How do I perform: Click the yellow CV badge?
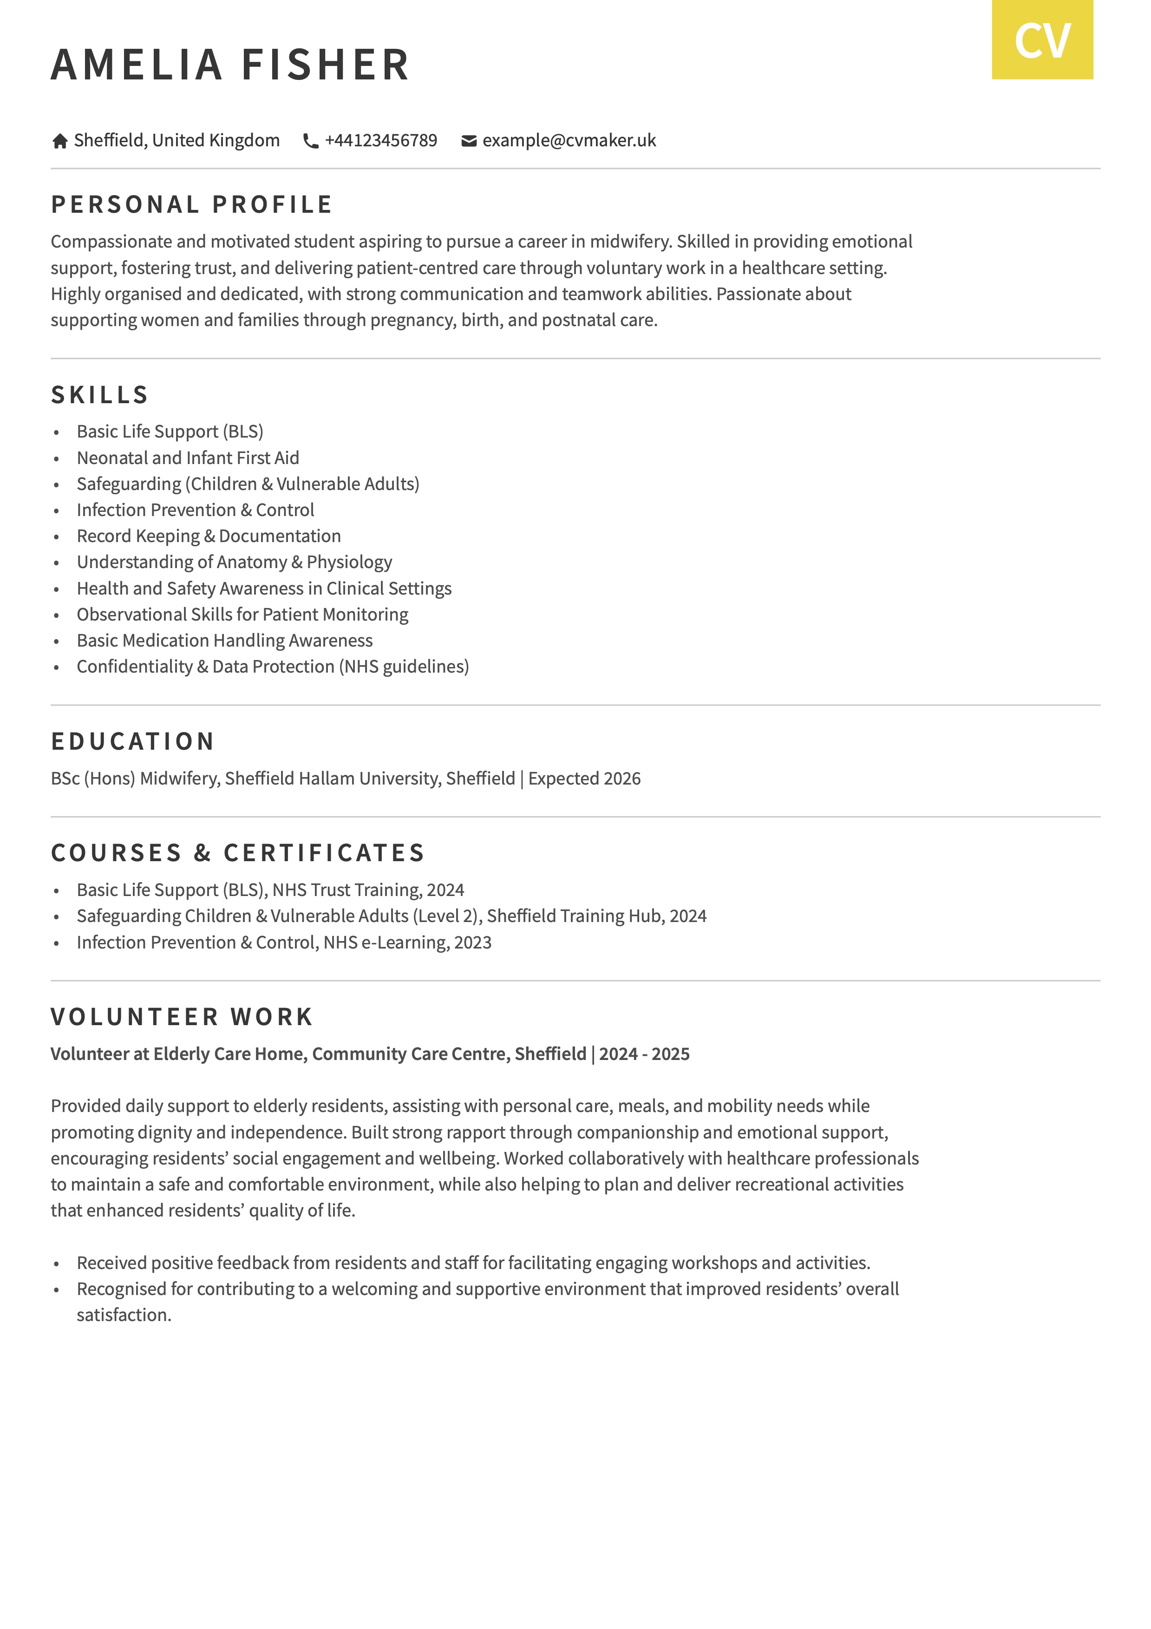(1042, 40)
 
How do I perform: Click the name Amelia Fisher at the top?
(230, 65)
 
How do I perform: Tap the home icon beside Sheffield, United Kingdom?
(59, 141)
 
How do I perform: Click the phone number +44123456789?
(380, 140)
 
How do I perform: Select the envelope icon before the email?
(468, 141)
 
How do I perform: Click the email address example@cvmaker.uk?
(569, 140)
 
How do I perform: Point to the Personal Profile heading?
(191, 204)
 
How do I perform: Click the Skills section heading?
(100, 394)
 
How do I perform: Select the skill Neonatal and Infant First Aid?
(188, 458)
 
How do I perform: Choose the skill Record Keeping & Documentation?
(209, 536)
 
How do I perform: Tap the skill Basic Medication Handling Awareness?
(224, 640)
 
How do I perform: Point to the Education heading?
(133, 741)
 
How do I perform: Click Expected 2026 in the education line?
(584, 779)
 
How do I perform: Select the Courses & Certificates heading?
(238, 852)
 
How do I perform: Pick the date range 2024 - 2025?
(644, 1053)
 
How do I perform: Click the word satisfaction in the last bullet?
(124, 1315)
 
